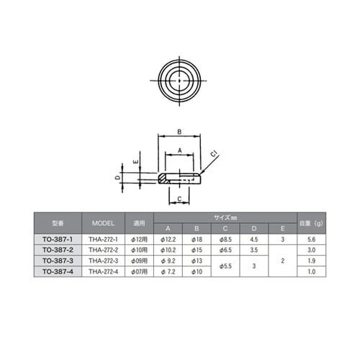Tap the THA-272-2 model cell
click(103, 249)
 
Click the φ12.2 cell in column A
click(168, 238)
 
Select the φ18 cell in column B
click(197, 238)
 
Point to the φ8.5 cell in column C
click(225, 238)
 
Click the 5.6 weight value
click(311, 238)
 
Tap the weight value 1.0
click(311, 271)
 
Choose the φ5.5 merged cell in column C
click(225, 265)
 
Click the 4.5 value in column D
click(254, 238)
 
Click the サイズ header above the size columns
click(225, 217)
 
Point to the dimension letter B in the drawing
click(179, 132)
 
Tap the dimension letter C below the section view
click(178, 199)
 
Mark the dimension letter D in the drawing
click(118, 176)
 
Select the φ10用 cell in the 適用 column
click(139, 249)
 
